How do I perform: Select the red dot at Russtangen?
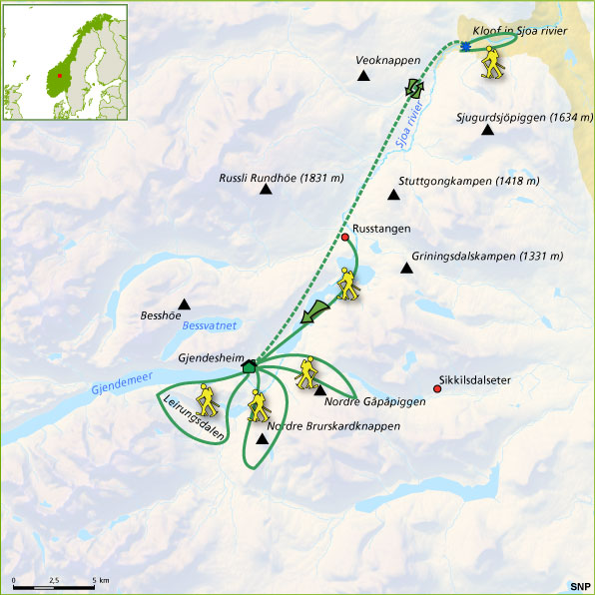345,238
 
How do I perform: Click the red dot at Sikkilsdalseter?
436,388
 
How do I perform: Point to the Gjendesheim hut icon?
249,365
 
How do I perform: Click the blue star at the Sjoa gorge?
465,47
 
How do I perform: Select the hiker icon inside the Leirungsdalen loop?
208,401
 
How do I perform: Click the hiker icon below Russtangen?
347,286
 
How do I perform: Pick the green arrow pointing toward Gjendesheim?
317,310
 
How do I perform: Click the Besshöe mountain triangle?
184,304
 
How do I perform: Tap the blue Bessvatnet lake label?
208,326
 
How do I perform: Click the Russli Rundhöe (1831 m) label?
281,179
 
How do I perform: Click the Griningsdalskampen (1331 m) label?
477,256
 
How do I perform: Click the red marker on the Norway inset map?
59,74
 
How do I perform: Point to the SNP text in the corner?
579,585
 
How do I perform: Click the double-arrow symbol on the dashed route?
413,90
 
